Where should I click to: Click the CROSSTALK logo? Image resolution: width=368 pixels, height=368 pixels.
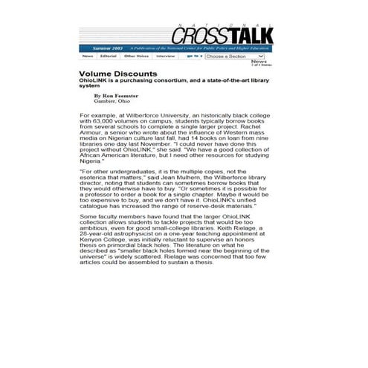[222, 34]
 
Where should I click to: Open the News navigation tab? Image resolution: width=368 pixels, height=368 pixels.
[88, 56]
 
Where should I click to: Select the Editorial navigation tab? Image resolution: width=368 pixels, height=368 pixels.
[109, 56]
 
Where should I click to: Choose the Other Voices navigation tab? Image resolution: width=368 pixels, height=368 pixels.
[136, 56]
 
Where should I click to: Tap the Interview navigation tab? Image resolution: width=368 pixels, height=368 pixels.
[166, 56]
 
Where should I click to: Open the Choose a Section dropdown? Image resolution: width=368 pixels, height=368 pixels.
[235, 56]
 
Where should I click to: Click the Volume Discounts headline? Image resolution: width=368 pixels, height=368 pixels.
[118, 74]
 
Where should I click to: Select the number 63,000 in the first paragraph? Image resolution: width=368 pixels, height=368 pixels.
[105, 123]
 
